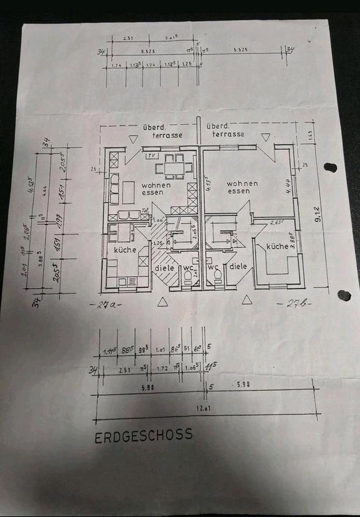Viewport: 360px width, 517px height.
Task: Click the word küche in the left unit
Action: click(x=125, y=250)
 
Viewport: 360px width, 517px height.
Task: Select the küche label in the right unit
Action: click(x=278, y=246)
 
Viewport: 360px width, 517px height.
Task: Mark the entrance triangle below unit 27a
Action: click(x=163, y=302)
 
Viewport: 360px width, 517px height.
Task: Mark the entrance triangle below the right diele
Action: click(x=247, y=299)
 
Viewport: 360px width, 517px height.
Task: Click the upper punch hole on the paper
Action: click(x=330, y=167)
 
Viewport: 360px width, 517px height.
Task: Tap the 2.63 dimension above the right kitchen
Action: click(x=276, y=222)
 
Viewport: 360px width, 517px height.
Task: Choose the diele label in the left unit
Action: click(x=163, y=267)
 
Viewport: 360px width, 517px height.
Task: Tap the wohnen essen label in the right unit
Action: click(x=242, y=187)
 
